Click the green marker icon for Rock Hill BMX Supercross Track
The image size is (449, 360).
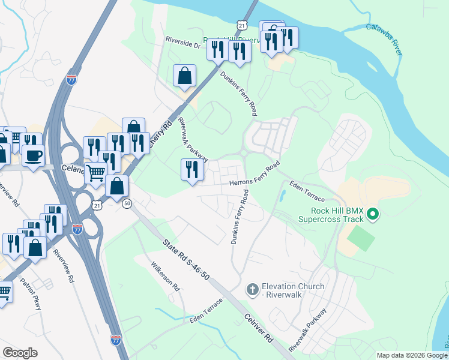[372, 214]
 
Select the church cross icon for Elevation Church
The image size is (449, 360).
[253, 290]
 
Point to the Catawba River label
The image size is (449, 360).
[385, 40]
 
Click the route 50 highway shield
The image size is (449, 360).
[126, 204]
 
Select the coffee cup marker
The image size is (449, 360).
[34, 155]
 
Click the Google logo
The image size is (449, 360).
[20, 352]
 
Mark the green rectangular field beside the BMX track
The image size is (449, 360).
[360, 238]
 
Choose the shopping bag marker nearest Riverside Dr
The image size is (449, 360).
[185, 76]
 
